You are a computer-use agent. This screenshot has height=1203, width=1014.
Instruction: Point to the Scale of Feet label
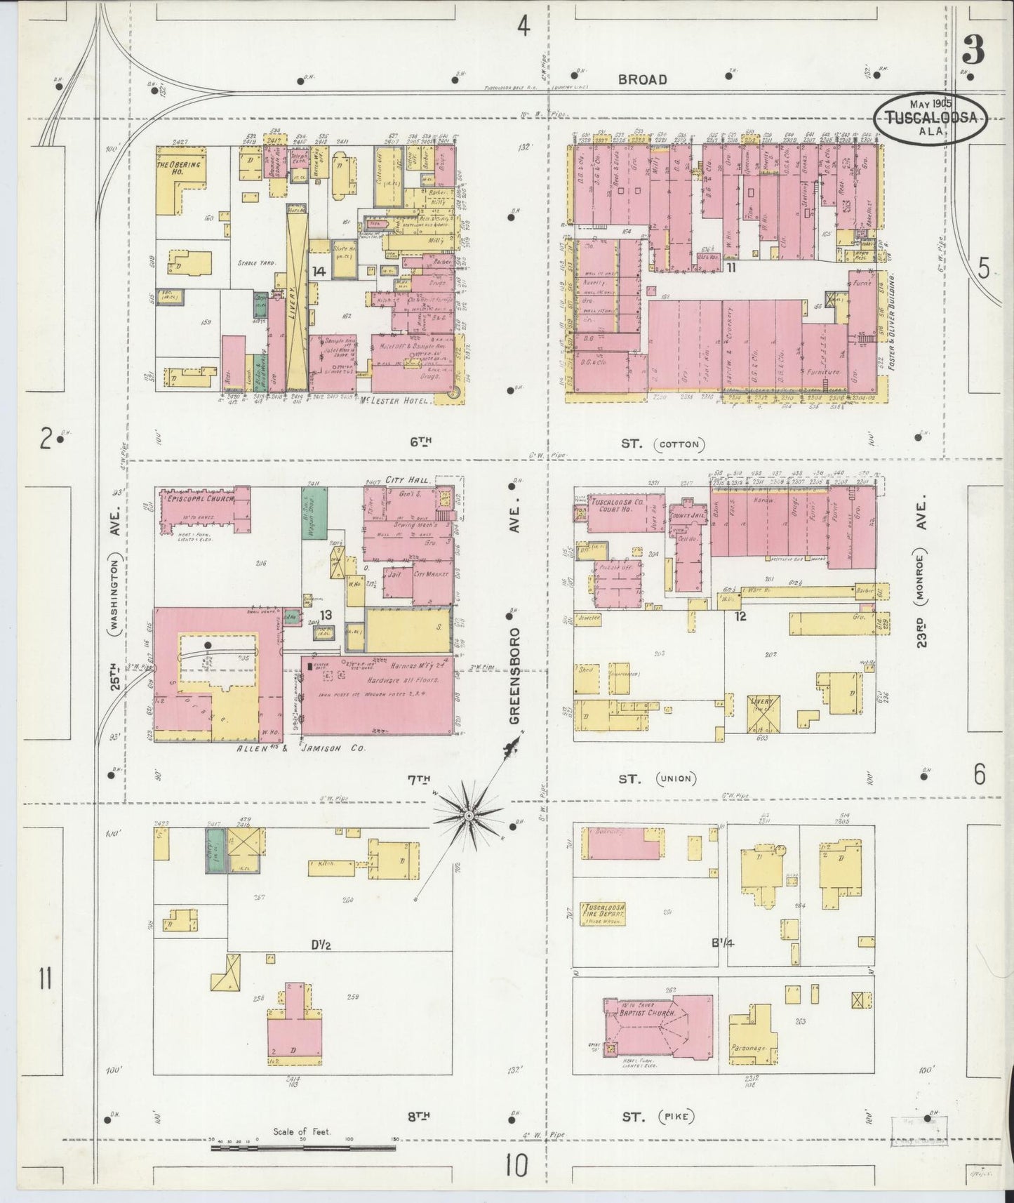click(x=302, y=1131)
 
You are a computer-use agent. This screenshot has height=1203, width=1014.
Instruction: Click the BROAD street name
click(x=641, y=79)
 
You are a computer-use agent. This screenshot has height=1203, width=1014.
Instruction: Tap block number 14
click(x=319, y=271)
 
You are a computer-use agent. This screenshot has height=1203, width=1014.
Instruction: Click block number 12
click(x=740, y=616)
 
